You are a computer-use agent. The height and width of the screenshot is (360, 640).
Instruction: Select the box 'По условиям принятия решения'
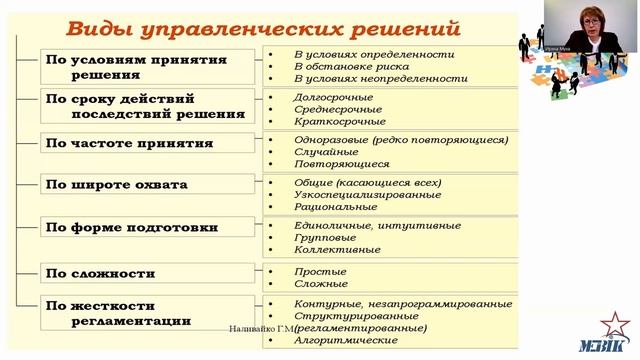[x=137, y=66]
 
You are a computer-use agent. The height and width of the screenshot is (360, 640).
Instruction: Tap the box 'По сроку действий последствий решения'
[x=137, y=105]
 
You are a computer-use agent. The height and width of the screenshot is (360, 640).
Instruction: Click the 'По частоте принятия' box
[x=137, y=143]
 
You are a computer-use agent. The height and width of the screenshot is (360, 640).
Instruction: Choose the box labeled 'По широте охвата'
[x=137, y=184]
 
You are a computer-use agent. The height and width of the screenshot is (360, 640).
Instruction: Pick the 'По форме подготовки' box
[x=137, y=227]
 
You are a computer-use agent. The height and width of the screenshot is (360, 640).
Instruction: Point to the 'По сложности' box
[x=137, y=272]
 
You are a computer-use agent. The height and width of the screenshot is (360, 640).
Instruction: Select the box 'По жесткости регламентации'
[x=137, y=312]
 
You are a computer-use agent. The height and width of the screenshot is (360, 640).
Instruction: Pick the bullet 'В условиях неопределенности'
[x=380, y=78]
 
